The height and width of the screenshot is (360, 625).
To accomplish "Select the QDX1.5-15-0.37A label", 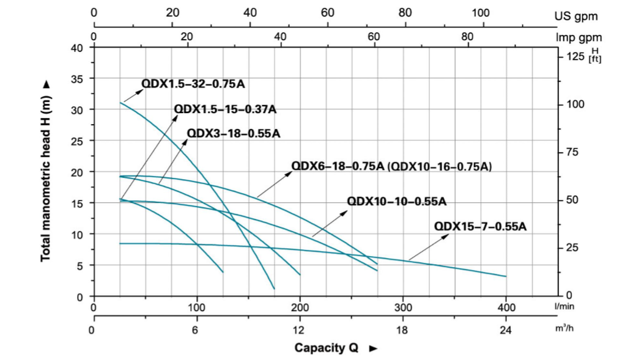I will coord(225,109).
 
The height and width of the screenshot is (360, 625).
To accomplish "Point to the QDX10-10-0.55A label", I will coord(396,201).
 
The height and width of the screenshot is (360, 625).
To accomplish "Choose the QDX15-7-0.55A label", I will coord(480,227).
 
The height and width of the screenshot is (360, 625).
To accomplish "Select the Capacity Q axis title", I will coord(327,348).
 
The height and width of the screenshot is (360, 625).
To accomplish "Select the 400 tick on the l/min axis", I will coord(506,307).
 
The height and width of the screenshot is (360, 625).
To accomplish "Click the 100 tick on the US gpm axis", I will coord(481,12).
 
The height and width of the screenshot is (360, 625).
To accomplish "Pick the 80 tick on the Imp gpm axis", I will coord(467,36).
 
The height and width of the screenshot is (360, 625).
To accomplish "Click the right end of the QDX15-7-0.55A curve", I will coord(506,276).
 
